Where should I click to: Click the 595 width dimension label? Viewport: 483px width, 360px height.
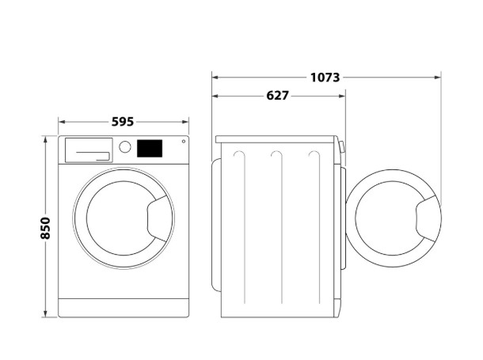point(123,122)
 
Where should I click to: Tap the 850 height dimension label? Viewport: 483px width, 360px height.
point(45,228)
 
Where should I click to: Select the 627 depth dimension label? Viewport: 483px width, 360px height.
point(278,96)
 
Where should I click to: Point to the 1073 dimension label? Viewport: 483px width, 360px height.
point(325,78)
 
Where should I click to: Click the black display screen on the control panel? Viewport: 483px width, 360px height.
point(150,148)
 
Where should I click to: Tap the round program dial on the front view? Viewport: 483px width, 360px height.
point(125,147)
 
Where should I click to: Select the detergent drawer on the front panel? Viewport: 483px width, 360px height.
point(89,150)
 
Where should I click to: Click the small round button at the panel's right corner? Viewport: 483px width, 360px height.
point(184,141)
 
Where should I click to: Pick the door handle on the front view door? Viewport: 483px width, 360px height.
point(159,218)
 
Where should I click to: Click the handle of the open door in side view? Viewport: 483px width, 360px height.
point(428,218)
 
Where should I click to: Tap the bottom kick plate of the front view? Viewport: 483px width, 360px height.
point(124,308)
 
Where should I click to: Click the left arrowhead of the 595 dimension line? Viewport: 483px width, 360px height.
point(62,122)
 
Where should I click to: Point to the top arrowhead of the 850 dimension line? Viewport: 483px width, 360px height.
point(46,139)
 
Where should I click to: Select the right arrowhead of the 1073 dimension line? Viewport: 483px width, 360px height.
point(437,78)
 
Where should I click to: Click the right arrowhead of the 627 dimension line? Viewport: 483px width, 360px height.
point(342,96)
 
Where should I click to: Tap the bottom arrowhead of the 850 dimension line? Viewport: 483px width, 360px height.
point(46,314)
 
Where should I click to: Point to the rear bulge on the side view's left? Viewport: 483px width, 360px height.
point(216,225)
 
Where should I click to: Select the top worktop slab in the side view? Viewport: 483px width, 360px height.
point(275,139)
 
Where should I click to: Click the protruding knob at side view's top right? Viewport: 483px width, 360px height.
point(341,146)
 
